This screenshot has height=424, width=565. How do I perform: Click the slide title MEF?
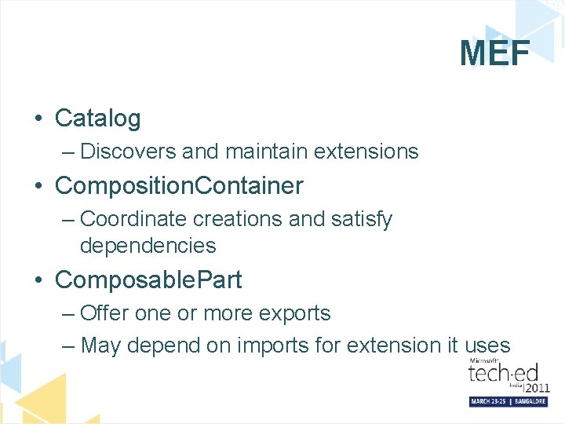point(494,54)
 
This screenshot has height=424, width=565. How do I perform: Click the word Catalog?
point(98,119)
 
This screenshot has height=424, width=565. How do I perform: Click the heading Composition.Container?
point(179,186)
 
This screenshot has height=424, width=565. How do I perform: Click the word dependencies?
point(148,246)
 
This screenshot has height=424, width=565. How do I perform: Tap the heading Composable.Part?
point(148,280)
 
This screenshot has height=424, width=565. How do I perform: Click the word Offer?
point(105,313)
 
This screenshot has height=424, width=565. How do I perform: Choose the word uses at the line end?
point(487,345)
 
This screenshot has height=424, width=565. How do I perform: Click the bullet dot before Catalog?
point(38,119)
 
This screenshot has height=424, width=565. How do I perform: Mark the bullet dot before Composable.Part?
point(38,280)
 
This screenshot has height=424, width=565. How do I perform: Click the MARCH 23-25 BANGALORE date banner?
point(508,401)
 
